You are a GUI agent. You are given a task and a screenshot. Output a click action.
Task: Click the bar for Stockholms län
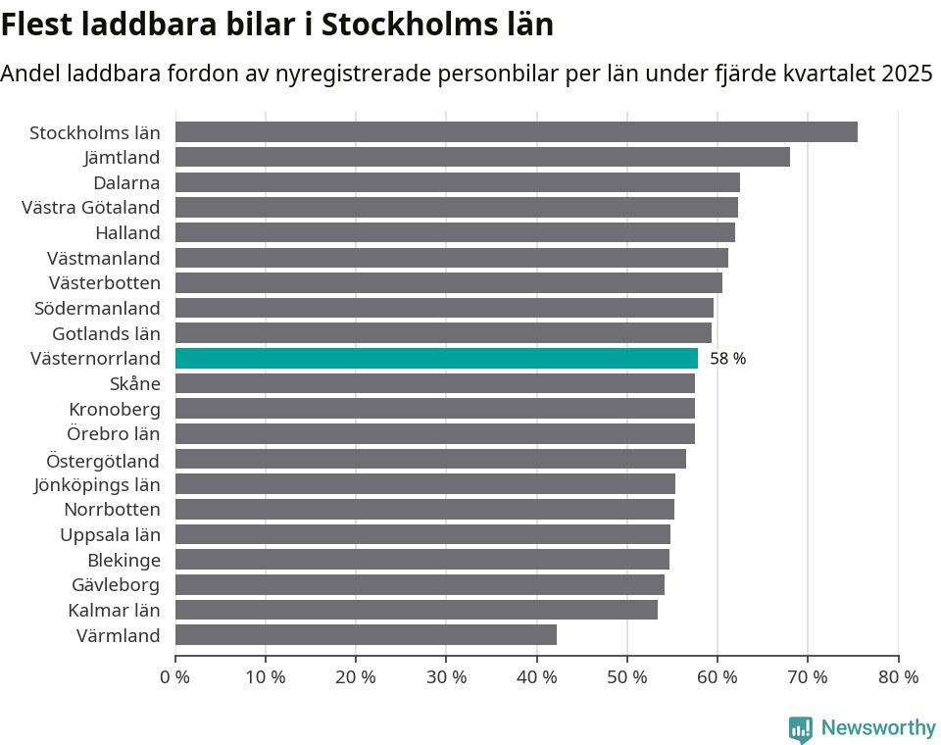click(x=517, y=132)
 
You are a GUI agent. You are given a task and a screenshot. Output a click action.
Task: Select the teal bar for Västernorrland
click(x=436, y=359)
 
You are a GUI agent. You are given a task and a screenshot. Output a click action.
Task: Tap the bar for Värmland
click(x=366, y=635)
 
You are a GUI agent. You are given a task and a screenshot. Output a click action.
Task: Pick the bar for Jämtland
click(x=482, y=157)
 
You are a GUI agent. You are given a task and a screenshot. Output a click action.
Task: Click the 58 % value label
click(x=727, y=359)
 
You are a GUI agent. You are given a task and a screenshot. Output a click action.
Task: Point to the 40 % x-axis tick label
click(x=536, y=677)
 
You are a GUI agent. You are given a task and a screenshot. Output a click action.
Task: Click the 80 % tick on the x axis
click(x=898, y=677)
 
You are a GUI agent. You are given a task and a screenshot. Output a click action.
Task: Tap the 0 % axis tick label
click(x=175, y=677)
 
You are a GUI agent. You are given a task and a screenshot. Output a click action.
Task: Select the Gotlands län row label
click(x=106, y=333)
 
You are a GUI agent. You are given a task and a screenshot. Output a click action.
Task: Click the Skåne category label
click(x=134, y=383)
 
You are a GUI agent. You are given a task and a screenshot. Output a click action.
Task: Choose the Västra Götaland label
click(x=90, y=207)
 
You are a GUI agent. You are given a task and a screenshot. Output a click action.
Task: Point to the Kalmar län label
click(x=114, y=610)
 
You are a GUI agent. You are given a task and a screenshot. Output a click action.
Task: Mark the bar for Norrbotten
click(x=424, y=510)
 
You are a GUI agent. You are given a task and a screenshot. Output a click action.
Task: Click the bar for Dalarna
click(x=458, y=182)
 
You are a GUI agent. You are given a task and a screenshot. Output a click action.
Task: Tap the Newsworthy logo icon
click(x=801, y=728)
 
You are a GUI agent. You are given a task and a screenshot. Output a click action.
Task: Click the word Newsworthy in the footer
click(x=878, y=728)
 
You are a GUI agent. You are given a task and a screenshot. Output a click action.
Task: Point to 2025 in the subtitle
click(x=907, y=74)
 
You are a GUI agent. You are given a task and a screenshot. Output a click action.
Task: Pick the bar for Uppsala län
click(x=422, y=534)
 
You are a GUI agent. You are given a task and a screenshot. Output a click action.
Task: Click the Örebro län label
click(x=113, y=433)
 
